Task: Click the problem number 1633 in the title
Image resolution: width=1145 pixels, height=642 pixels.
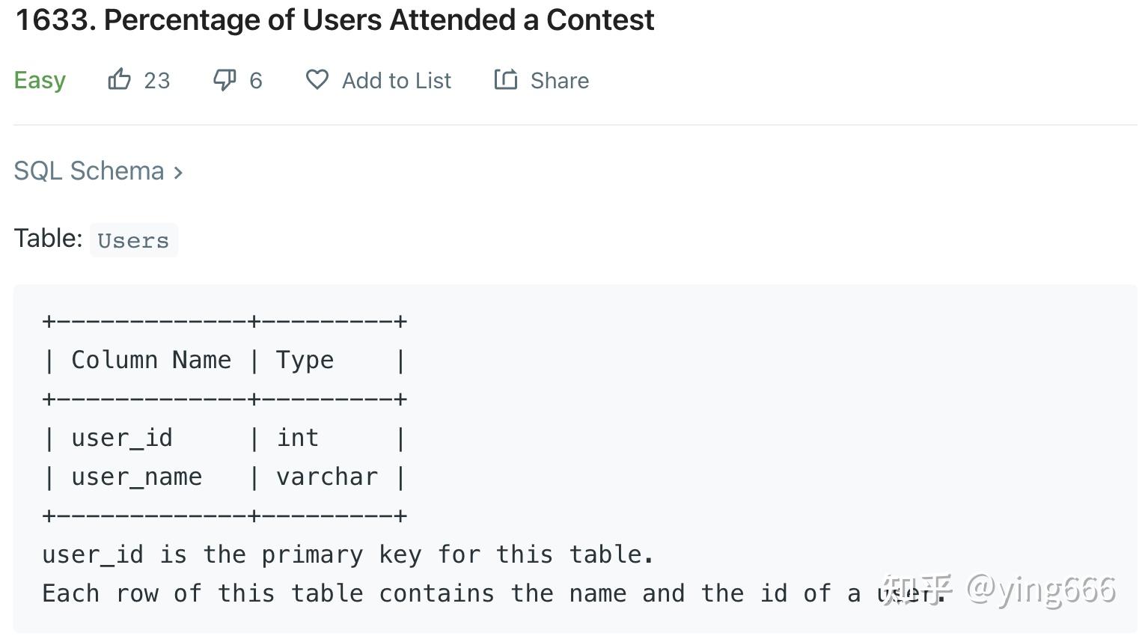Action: [54, 20]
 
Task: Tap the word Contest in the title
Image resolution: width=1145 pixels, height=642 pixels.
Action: [600, 20]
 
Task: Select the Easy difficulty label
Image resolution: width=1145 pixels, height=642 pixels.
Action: [40, 80]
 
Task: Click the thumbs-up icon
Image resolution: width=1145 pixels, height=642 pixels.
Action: [120, 79]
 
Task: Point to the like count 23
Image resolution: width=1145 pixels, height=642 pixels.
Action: [157, 81]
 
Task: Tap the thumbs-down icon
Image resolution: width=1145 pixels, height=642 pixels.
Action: [225, 80]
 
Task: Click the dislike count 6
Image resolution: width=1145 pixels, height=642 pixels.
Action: [256, 81]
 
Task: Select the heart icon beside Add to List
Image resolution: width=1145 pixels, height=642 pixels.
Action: [317, 79]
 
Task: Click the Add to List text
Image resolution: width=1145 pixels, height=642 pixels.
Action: [397, 81]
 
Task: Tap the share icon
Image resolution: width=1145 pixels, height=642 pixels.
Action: [506, 79]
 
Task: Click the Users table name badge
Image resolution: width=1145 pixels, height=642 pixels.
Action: [133, 241]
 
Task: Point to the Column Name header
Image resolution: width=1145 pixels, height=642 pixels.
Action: [151, 360]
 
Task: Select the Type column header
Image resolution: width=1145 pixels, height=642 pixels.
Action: [305, 360]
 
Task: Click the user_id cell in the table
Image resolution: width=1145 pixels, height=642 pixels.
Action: [122, 438]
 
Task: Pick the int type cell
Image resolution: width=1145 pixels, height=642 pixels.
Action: [298, 438]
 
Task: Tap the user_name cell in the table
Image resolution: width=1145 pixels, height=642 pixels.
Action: [137, 477]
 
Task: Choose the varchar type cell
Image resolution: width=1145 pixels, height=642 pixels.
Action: [327, 477]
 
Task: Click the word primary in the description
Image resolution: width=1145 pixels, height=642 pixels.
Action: [312, 554]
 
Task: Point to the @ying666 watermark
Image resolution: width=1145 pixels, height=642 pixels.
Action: [1041, 590]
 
